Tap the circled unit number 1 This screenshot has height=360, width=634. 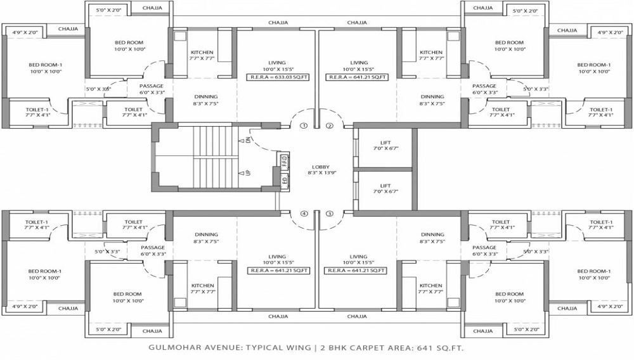point(304,125)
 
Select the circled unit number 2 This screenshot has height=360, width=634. point(329,125)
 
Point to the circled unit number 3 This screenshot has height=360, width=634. point(329,214)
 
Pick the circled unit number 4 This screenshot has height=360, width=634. point(304,214)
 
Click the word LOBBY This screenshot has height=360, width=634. point(321,167)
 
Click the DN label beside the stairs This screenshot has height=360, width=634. point(248,140)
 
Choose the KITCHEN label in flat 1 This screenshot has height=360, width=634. point(202,53)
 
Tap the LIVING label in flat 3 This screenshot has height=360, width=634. point(359,257)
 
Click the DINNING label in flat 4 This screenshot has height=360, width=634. point(206,235)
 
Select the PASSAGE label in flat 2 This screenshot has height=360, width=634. point(484,86)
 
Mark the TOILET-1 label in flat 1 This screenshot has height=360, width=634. point(37,109)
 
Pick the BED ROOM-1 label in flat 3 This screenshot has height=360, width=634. point(594,271)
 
